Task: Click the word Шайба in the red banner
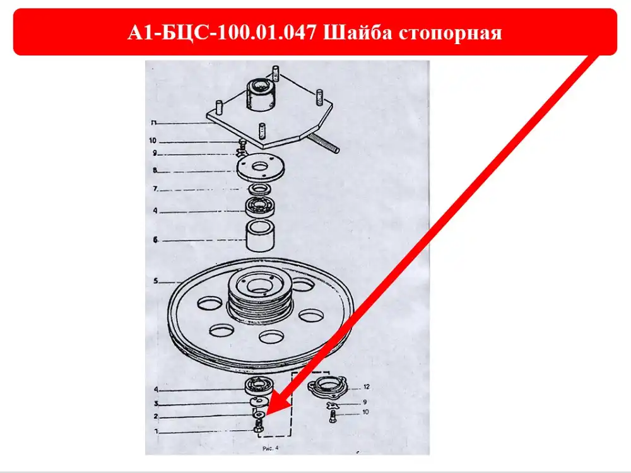pos(358,33)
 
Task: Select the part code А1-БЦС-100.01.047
pos(222,33)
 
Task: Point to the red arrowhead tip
pos(266,416)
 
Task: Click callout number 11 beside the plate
pos(153,123)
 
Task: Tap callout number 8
pos(155,170)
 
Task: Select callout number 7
pos(155,189)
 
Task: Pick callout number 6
pos(155,240)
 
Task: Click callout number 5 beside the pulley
pos(156,281)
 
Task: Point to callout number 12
pos(366,387)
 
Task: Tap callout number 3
pos(156,404)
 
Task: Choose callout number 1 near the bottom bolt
pos(156,431)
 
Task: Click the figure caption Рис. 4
pos(271,448)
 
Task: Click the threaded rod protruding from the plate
pos(323,144)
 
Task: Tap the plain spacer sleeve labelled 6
pos(260,235)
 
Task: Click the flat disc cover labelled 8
pos(261,168)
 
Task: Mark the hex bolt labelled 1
pos(258,426)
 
